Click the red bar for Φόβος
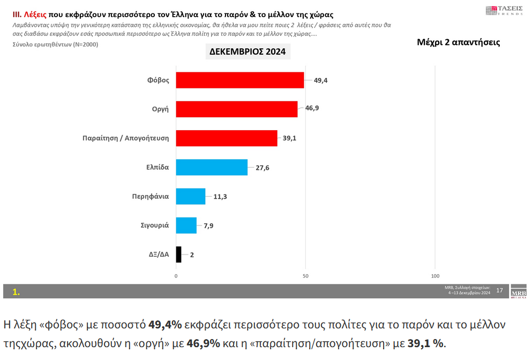239,80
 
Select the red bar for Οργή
236,109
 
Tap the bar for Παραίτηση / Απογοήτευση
226,138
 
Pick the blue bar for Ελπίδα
212,167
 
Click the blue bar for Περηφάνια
190,196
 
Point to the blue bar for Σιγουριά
186,225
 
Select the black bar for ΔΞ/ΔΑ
178,254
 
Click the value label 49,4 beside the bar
320,80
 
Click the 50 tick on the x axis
305,276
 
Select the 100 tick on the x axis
435,276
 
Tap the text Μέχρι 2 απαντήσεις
458,42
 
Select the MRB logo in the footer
519,291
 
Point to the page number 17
499,290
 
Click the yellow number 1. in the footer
16,292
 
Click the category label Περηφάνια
150,196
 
